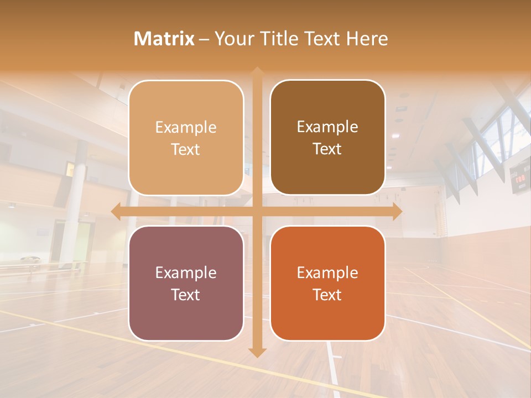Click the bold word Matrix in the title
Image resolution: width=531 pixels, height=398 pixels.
coord(164,39)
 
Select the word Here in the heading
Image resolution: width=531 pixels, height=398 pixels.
coord(367,39)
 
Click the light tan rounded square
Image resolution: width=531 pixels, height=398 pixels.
coord(186,138)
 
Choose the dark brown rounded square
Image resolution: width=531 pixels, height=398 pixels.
coord(327,138)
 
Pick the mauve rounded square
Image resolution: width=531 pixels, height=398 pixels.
coord(186,283)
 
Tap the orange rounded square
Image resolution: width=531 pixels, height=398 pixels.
coord(327,283)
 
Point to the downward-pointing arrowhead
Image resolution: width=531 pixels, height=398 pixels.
coord(257,352)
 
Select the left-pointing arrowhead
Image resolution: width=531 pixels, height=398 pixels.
coord(116,211)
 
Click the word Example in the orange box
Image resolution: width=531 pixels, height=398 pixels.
coord(327,273)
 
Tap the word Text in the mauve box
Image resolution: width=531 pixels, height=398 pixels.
coord(186,295)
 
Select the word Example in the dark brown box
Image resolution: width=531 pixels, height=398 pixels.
coord(327,127)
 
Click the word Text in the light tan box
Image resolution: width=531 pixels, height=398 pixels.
coord(186,149)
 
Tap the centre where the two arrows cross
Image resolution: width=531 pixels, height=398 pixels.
coord(257,211)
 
